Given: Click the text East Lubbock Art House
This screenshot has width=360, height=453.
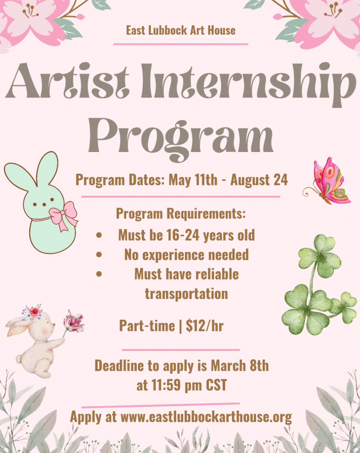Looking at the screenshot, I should [180, 30].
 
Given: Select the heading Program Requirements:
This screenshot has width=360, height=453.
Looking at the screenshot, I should [181, 214].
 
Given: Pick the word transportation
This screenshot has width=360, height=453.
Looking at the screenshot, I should [186, 293].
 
